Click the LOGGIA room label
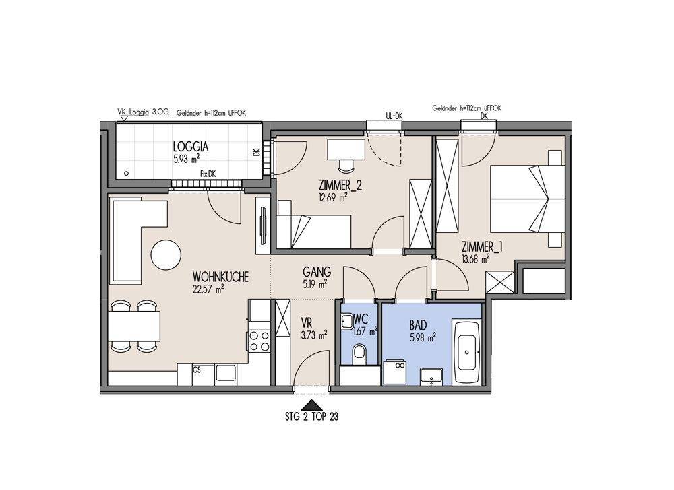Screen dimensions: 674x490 click(191, 147)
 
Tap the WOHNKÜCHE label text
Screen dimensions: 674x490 click(220, 277)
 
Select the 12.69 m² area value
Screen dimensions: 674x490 click(333, 197)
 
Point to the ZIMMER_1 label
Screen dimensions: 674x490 click(483, 247)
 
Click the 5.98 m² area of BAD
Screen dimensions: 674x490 click(423, 338)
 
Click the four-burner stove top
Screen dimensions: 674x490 click(259, 341)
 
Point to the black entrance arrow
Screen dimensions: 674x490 click(311, 405)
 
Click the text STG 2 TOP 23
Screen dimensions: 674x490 click(311, 416)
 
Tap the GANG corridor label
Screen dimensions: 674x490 click(317, 272)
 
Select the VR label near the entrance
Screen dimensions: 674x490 click(307, 322)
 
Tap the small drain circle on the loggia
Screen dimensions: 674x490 click(127, 174)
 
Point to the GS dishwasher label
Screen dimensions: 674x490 click(197, 370)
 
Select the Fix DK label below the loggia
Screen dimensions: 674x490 click(208, 174)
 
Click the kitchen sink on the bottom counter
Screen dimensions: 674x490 click(225, 372)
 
